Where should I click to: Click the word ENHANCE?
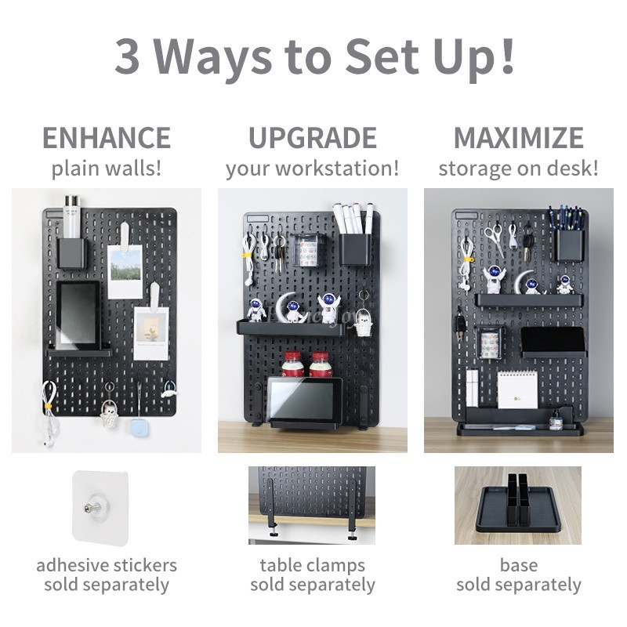[x=107, y=138]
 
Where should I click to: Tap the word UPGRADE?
[x=313, y=138]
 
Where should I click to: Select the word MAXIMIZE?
[x=519, y=138]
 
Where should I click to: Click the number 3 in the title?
[x=127, y=56]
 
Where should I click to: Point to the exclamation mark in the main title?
[x=507, y=55]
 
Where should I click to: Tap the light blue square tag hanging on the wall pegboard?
[x=139, y=428]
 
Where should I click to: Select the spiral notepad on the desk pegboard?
[x=517, y=389]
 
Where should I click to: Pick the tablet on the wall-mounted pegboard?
[x=78, y=315]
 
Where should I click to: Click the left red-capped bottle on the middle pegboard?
[x=292, y=364]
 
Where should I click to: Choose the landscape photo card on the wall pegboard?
[x=125, y=271]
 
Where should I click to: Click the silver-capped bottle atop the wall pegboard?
[x=72, y=217]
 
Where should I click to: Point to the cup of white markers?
[x=355, y=236]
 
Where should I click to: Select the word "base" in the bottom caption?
[x=519, y=565]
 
